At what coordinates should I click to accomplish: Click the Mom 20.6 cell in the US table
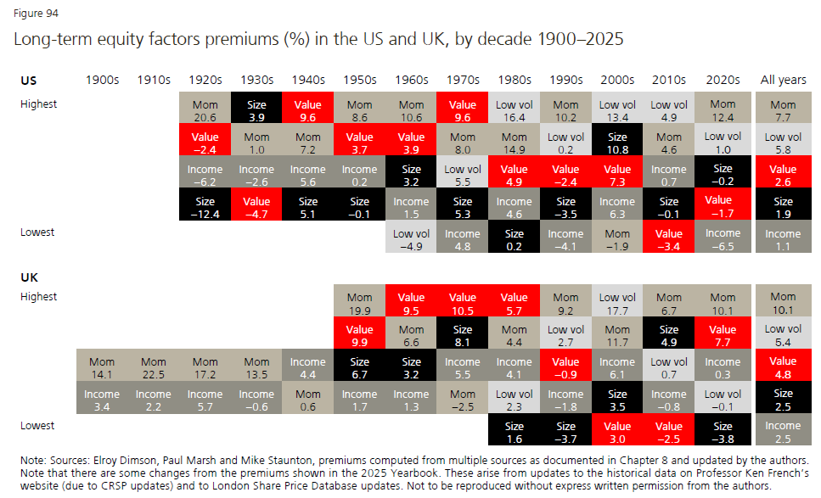[x=205, y=109]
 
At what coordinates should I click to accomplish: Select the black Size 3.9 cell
[x=256, y=109]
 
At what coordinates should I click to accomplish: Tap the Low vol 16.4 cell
[x=514, y=109]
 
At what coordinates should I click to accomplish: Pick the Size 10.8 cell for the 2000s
[x=616, y=142]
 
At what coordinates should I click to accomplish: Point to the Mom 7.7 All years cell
[x=783, y=109]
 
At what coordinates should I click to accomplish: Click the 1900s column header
[x=102, y=80]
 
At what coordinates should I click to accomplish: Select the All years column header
[x=783, y=80]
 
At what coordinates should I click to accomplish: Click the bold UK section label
[x=29, y=277]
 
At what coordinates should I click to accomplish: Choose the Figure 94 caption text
[x=36, y=14]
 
